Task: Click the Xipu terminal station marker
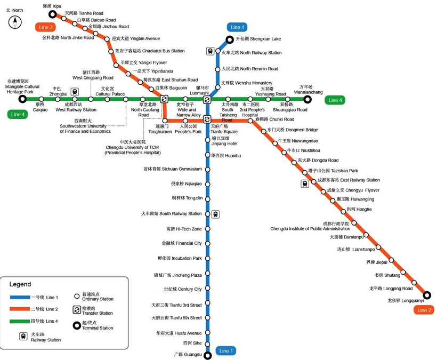click(52, 14)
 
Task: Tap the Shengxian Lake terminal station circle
click(230, 39)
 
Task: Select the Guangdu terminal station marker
click(207, 355)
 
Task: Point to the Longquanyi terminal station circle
click(426, 295)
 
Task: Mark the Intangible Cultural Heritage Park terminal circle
click(22, 99)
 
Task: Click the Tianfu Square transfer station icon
click(207, 119)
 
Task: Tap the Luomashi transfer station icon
click(207, 99)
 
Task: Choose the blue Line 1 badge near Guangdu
click(226, 351)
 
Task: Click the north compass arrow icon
click(15, 22)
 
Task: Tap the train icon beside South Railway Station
click(215, 214)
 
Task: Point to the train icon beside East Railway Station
click(305, 183)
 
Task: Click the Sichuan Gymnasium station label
click(173, 169)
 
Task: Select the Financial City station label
click(182, 243)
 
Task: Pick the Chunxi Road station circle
click(250, 121)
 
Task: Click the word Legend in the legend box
click(20, 284)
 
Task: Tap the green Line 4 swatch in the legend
click(23, 321)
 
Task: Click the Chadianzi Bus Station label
click(150, 51)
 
